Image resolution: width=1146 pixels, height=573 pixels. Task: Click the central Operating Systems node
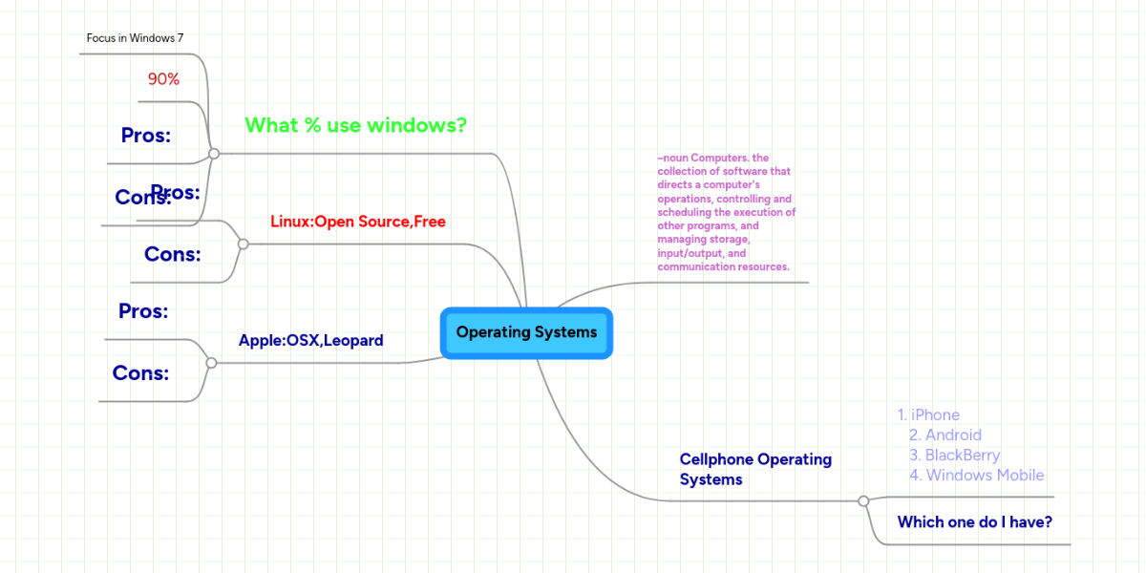click(526, 332)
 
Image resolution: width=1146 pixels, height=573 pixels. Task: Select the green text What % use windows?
click(355, 125)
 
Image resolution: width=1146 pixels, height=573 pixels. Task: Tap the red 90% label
click(163, 79)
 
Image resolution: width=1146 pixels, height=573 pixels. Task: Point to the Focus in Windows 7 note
click(135, 38)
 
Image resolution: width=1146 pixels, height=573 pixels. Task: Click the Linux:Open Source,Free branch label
click(358, 222)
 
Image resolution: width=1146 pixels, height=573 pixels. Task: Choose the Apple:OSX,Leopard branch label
click(310, 340)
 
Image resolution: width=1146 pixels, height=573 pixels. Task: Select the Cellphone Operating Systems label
click(755, 469)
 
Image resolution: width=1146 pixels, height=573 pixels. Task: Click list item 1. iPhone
click(928, 414)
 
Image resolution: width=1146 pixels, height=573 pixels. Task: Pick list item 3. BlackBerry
click(954, 455)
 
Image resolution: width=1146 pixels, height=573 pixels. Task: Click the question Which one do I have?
click(975, 521)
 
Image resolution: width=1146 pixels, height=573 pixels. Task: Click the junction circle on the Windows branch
click(214, 153)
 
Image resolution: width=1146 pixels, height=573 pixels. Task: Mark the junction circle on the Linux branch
click(243, 244)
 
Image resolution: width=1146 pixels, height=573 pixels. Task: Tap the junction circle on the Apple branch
click(211, 363)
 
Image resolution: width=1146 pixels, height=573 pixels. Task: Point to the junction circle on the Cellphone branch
click(863, 500)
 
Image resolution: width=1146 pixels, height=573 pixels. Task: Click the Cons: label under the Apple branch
click(140, 373)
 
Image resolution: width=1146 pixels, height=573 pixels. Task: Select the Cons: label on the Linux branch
click(172, 254)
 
